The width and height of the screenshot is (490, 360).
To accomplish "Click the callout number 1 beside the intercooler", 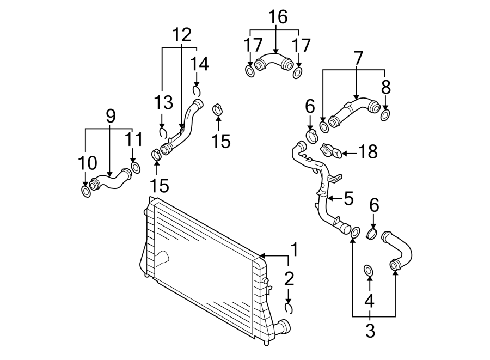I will (294, 250).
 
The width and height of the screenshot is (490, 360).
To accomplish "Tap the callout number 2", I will (289, 279).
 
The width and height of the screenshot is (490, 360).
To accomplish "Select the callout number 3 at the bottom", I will (370, 331).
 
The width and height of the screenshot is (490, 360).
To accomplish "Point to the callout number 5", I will (348, 198).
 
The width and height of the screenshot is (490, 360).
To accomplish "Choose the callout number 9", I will (111, 115).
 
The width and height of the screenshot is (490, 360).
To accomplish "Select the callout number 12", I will (182, 35).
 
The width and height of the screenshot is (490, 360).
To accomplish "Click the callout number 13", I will (163, 102).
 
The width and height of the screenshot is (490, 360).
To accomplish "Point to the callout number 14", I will (199, 64).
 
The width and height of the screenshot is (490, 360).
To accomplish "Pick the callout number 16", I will (278, 17).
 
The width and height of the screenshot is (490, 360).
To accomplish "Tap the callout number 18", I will (369, 152).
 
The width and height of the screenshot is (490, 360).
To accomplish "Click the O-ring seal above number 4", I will (369, 270).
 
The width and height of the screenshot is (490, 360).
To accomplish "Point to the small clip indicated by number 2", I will (290, 308).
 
